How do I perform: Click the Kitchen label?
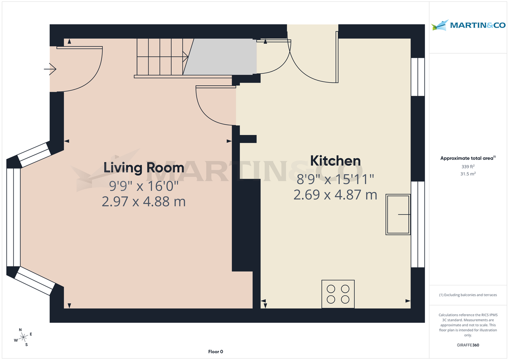(335, 161)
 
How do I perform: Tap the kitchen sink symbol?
(398, 215)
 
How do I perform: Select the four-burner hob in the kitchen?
(338, 294)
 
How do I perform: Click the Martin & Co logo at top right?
(468, 25)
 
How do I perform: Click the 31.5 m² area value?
(468, 174)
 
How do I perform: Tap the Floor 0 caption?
(215, 352)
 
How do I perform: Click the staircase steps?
(160, 57)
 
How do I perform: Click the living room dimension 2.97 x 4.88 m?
(144, 201)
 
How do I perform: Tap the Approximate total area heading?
(467, 158)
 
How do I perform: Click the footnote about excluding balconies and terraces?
(468, 295)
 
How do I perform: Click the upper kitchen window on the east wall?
(418, 77)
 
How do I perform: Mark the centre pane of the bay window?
(14, 217)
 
